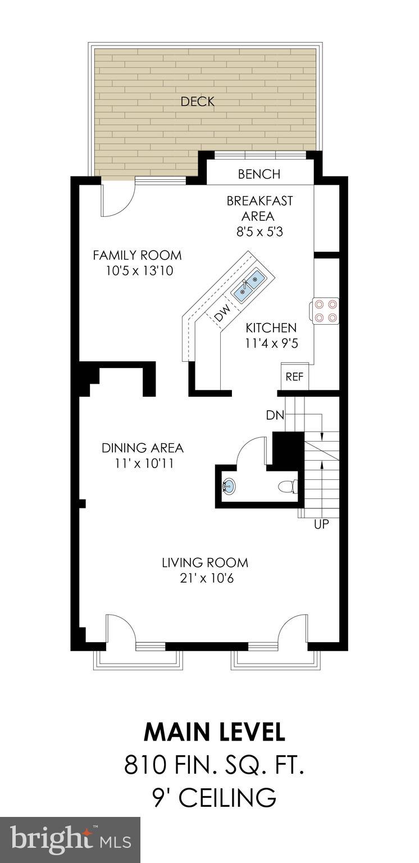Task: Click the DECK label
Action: (x=198, y=102)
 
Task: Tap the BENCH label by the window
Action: (x=259, y=174)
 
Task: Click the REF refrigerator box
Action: (x=294, y=376)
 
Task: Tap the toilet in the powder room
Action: (x=288, y=487)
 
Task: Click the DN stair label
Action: (x=275, y=416)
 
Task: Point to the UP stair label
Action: (x=322, y=525)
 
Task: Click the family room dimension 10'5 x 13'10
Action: (x=138, y=271)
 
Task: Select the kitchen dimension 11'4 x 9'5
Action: (x=271, y=343)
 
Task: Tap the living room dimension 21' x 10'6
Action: (x=205, y=577)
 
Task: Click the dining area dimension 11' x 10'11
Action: (x=142, y=464)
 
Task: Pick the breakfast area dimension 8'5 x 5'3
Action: (x=259, y=231)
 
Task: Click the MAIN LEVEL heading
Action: (x=215, y=732)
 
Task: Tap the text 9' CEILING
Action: (x=215, y=797)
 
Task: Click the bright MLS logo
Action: (x=70, y=840)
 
